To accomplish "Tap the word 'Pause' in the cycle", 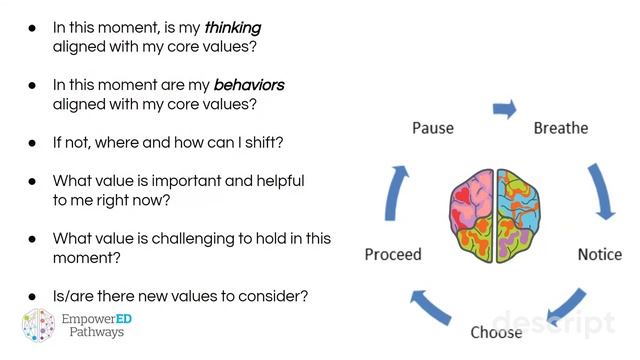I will tap(432, 128).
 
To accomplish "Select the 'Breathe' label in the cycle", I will tap(560, 128).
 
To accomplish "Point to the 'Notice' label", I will tap(600, 254).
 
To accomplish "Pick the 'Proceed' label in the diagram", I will tap(393, 254).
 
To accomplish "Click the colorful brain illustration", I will tap(497, 215).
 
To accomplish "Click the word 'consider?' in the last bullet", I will tap(271, 296).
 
